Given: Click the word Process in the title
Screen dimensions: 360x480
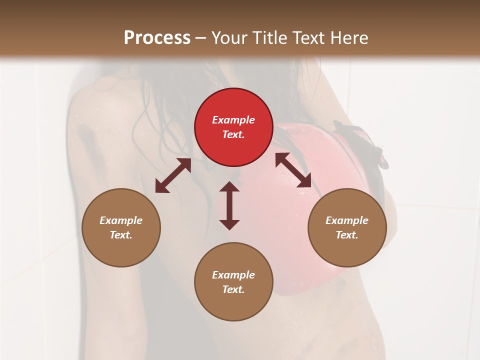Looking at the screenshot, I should pyautogui.click(x=157, y=38).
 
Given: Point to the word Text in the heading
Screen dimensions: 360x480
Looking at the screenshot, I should pyautogui.click(x=307, y=38).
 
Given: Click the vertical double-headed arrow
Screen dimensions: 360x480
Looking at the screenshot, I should pyautogui.click(x=229, y=205).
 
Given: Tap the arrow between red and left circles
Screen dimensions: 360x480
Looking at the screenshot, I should pyautogui.click(x=173, y=175).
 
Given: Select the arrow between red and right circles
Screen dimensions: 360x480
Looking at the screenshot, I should pyautogui.click(x=293, y=170).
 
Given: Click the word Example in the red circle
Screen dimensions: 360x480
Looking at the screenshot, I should pyautogui.click(x=233, y=120).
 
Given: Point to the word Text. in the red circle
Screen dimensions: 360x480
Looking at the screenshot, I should pyautogui.click(x=233, y=134).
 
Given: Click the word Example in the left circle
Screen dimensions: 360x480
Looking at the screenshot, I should pyautogui.click(x=121, y=220).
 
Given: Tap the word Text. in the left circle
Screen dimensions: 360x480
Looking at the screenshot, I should pyautogui.click(x=121, y=235).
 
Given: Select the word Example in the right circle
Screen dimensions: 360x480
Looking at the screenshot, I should pyautogui.click(x=347, y=220).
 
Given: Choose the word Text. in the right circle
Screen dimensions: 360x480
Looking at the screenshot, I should pyautogui.click(x=347, y=235).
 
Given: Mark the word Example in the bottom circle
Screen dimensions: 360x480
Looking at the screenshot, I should pyautogui.click(x=233, y=275).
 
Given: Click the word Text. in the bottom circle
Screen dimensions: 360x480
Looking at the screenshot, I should pyautogui.click(x=233, y=289).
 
